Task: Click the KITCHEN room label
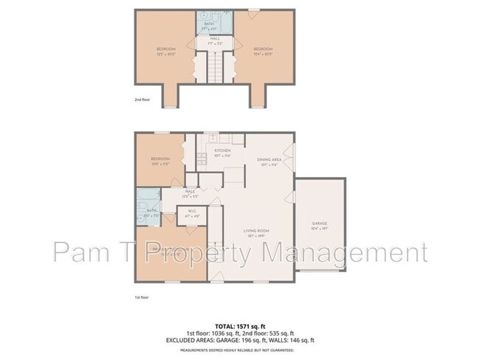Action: pyautogui.click(x=222, y=150)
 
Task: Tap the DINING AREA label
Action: pyautogui.click(x=268, y=159)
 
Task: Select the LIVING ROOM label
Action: pyautogui.click(x=256, y=231)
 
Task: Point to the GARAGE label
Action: pyautogui.click(x=320, y=224)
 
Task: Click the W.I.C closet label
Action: pyautogui.click(x=191, y=212)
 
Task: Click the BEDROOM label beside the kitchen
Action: pyautogui.click(x=160, y=159)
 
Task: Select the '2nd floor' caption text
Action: pyautogui.click(x=143, y=98)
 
